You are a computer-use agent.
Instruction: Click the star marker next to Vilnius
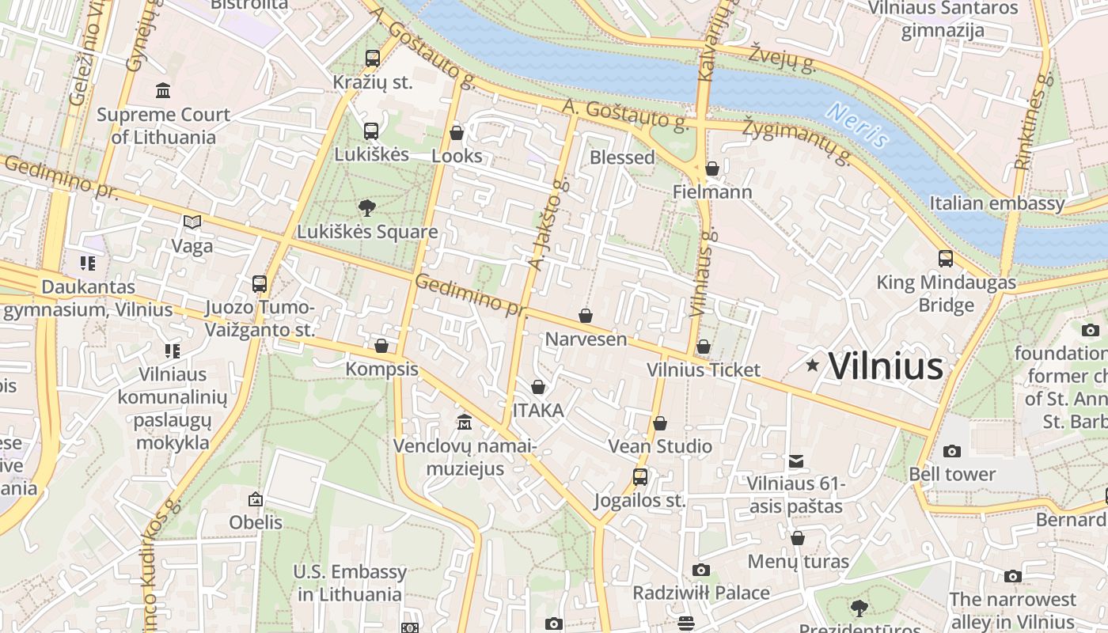(x=812, y=365)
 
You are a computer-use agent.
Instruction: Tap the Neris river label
(x=857, y=125)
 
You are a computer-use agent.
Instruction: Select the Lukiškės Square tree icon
(x=366, y=208)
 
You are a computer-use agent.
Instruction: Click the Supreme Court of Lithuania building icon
(x=163, y=90)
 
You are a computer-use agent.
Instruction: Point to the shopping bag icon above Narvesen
(x=586, y=316)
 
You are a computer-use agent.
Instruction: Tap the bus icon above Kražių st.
(x=372, y=58)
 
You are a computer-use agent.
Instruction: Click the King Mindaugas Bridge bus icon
(x=945, y=258)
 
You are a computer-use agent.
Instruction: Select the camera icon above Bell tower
(x=952, y=451)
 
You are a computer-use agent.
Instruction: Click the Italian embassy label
(x=996, y=203)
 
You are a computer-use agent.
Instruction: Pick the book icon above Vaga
(x=192, y=222)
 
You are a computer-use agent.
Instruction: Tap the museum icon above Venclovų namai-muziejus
(x=465, y=422)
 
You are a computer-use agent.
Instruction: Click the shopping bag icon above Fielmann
(x=712, y=168)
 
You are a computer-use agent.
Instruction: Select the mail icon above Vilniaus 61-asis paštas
(x=796, y=461)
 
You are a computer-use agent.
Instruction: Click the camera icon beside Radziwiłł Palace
(x=700, y=570)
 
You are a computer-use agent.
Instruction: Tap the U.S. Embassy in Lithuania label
(x=350, y=582)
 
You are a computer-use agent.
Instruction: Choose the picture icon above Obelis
(x=255, y=499)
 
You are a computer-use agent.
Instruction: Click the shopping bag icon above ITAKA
(x=538, y=387)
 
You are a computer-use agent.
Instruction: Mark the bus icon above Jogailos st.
(x=639, y=477)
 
